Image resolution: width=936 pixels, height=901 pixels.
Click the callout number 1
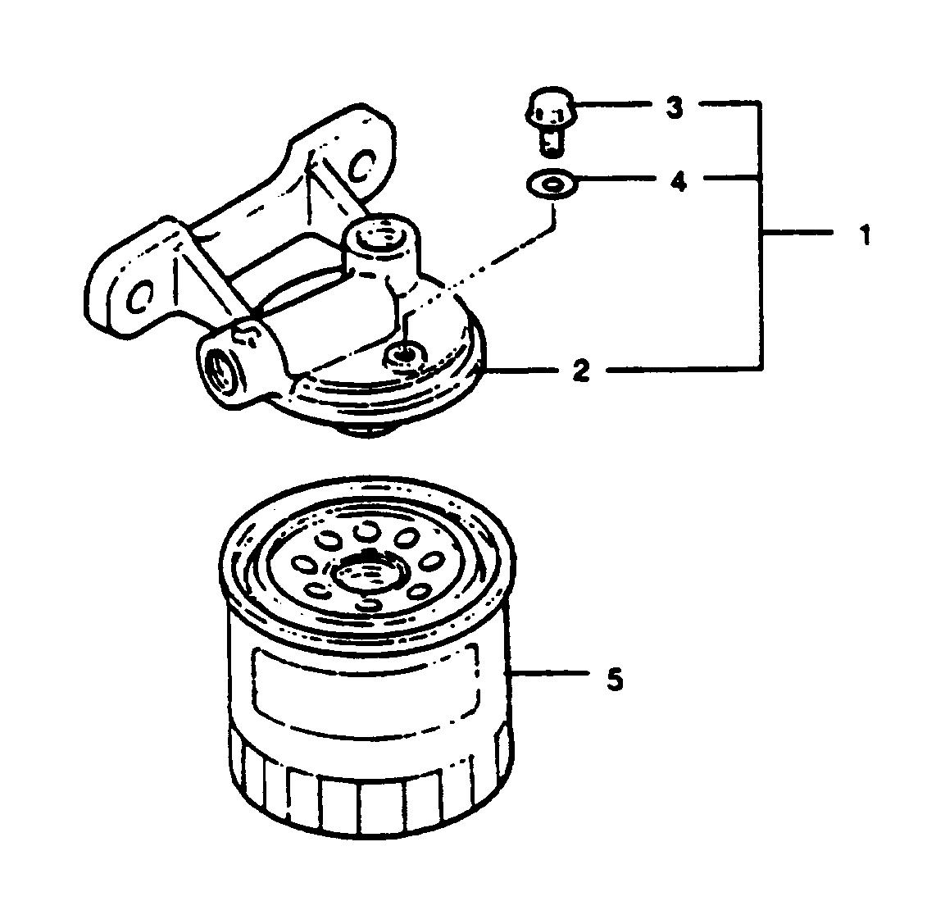[863, 237]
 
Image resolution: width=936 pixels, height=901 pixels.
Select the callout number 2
[580, 371]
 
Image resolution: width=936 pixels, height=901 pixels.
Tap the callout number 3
[674, 107]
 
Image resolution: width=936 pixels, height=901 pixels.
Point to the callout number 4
[677, 181]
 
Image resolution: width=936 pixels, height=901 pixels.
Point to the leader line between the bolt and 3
[615, 105]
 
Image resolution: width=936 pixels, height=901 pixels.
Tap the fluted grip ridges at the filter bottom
[369, 791]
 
